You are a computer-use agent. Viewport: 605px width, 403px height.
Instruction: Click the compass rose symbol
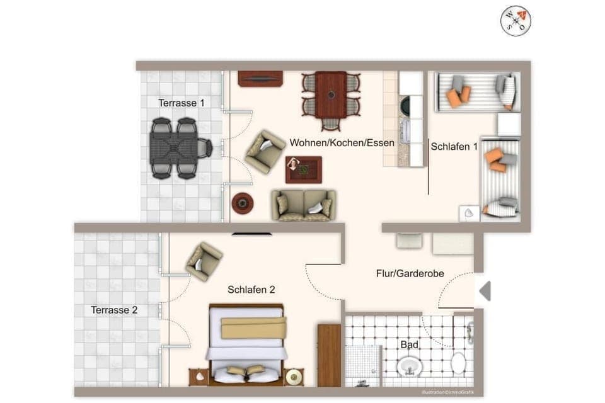pos(516,21)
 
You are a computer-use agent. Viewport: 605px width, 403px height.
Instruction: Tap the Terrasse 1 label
pos(181,103)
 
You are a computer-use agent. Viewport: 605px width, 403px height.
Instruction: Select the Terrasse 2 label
pos(114,310)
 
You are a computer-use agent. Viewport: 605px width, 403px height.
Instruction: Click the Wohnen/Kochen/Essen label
pos(342,143)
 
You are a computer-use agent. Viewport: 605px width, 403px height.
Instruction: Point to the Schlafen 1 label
pos(454,147)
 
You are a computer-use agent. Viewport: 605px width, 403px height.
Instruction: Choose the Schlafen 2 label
pos(251,290)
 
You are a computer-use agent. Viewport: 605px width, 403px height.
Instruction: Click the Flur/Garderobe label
pos(410,273)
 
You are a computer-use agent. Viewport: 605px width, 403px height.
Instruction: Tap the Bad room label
pos(409,344)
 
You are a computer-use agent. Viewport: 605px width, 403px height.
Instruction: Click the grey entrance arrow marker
pos(485,291)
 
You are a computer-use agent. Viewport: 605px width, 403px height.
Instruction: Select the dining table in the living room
pos(331,95)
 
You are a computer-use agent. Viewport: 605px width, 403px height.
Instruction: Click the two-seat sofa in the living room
pos(304,205)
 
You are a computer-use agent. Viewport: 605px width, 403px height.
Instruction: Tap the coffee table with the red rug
pos(303,169)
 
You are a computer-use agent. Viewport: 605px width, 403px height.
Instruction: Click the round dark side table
pos(243,203)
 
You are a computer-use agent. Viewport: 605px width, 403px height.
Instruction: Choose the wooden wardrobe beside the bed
pos(329,355)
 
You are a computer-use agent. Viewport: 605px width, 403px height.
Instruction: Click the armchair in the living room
pos(265,151)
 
